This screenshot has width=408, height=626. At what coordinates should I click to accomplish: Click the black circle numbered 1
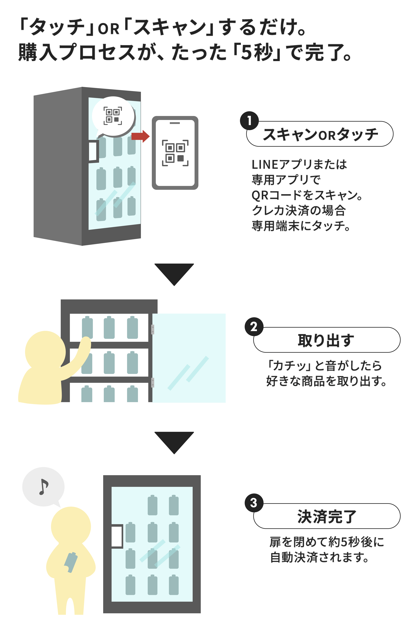[249, 121]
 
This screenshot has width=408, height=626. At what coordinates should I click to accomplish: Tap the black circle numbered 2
[254, 327]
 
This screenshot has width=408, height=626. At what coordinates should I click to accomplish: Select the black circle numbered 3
[254, 503]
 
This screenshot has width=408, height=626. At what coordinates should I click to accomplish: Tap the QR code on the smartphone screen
[175, 153]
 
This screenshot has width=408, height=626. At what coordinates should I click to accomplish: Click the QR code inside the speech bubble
[113, 116]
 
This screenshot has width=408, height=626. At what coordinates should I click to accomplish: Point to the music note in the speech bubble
[43, 487]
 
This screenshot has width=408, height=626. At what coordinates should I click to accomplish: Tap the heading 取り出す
[326, 340]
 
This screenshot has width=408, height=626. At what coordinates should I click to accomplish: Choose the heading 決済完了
[326, 516]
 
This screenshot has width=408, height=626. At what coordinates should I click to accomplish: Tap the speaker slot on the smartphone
[175, 123]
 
